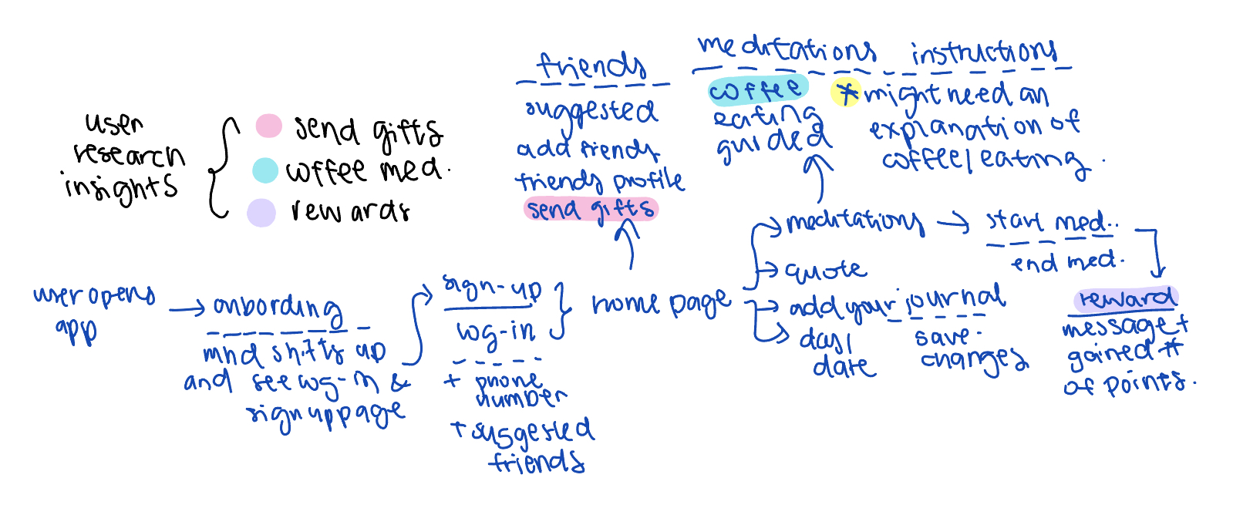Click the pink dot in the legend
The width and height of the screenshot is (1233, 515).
point(268,126)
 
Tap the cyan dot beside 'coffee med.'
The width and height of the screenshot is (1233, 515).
point(265,170)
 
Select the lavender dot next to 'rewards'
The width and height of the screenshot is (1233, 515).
point(261,213)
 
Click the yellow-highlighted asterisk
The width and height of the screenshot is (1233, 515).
point(846,93)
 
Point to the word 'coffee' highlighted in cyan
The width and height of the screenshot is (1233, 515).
point(756,90)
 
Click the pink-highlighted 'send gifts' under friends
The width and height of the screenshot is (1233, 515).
point(591,209)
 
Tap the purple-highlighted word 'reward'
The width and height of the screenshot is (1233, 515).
point(1126,299)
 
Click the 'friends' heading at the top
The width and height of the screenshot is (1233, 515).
point(591,67)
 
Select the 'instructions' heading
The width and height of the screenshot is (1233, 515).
point(983,52)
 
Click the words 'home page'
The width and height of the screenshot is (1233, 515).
point(661,304)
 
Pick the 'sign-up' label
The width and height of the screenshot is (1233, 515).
point(492,289)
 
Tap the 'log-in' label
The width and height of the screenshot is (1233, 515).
point(496,332)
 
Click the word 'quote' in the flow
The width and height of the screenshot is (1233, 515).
point(825,270)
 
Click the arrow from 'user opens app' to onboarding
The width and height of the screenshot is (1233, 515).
point(187,310)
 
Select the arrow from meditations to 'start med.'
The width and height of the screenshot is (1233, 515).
point(953,224)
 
